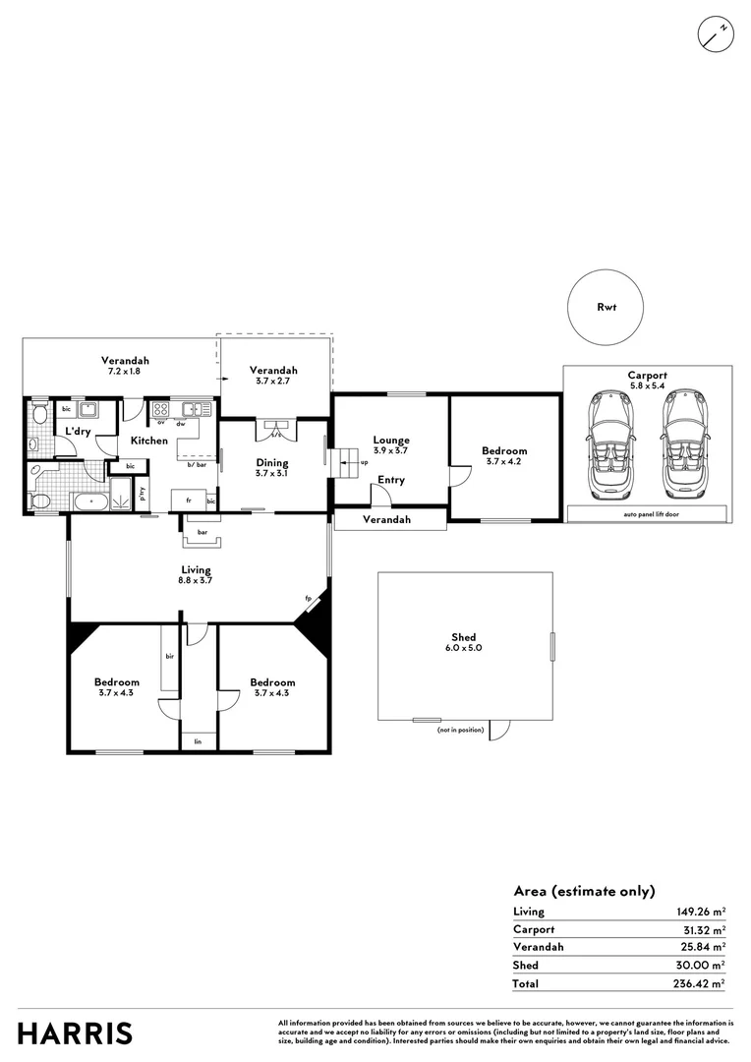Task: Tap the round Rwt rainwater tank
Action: click(607, 307)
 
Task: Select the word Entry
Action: click(390, 480)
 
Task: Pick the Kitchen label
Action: click(149, 441)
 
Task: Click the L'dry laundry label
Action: click(78, 432)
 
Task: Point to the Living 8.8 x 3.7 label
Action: click(196, 574)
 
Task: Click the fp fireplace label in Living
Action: click(308, 598)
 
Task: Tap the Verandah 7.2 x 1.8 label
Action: click(120, 365)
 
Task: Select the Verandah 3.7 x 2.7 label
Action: click(272, 375)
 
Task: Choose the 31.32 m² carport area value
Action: click(702, 929)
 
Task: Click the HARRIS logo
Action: click(75, 1033)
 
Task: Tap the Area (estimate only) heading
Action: click(584, 891)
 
